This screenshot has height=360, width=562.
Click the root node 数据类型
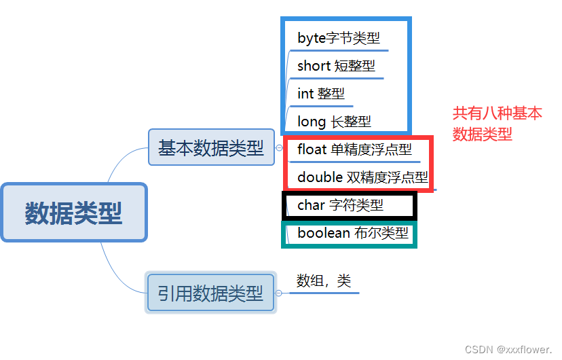[x=73, y=213]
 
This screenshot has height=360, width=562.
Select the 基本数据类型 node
[x=211, y=147]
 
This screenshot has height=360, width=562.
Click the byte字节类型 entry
[x=339, y=38]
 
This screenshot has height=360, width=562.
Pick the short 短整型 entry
[x=336, y=66]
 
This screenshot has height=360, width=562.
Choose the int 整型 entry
[x=321, y=94]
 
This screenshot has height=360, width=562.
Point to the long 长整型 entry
[x=334, y=122]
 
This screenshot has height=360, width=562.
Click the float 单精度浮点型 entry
[x=354, y=149]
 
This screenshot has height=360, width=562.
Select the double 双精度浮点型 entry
[x=362, y=177]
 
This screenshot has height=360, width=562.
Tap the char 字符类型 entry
[x=340, y=204]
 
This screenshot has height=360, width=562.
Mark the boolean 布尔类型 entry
[x=353, y=234]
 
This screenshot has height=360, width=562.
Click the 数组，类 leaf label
[x=324, y=280]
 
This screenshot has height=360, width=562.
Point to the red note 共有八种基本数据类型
[x=498, y=124]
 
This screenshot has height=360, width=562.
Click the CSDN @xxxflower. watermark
[x=508, y=349]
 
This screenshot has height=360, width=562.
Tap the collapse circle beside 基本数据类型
[x=279, y=147]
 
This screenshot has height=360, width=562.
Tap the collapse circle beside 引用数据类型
[x=278, y=293]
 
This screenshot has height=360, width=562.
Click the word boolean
[x=323, y=234]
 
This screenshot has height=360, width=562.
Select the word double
[x=320, y=177]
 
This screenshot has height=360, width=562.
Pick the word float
[x=312, y=149]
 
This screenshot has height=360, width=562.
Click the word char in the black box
[x=311, y=204]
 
